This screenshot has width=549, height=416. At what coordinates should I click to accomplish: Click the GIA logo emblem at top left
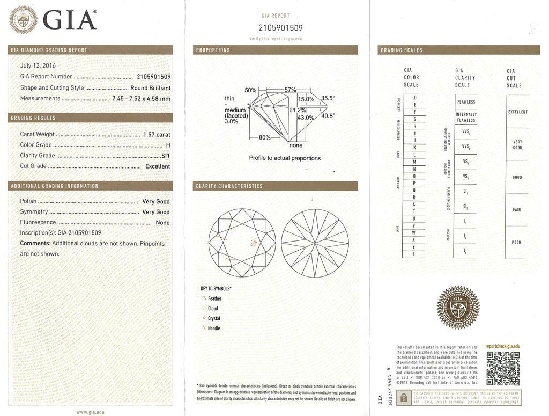click(x=25, y=20)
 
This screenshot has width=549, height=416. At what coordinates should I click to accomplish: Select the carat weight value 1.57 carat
click(x=157, y=134)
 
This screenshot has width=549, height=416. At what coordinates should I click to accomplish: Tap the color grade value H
click(x=168, y=145)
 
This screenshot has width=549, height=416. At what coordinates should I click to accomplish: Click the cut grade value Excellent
click(x=158, y=166)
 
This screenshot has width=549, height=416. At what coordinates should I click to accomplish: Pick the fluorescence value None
click(x=162, y=223)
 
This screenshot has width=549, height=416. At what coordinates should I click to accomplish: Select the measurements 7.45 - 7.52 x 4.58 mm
click(x=141, y=99)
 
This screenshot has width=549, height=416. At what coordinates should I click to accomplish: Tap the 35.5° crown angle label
click(x=328, y=98)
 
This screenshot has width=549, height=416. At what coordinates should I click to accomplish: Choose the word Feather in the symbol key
click(x=214, y=298)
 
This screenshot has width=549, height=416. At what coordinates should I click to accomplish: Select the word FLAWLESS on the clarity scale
click(x=465, y=102)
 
